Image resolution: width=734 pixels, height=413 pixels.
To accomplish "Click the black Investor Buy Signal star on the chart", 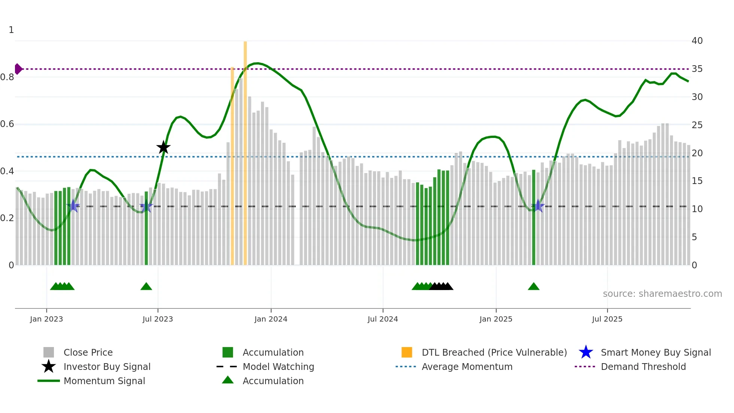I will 163,147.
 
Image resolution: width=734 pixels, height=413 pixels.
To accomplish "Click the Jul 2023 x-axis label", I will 158,319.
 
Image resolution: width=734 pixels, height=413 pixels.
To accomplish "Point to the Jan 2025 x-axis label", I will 496,319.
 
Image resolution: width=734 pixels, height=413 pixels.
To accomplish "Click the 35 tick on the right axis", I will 697,69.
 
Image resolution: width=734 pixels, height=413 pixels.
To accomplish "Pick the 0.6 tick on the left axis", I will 7,124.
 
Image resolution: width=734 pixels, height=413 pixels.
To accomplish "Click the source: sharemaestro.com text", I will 662,294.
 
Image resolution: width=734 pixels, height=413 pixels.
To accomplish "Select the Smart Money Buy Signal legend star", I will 586,352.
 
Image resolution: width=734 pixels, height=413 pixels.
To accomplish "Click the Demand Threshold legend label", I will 643,367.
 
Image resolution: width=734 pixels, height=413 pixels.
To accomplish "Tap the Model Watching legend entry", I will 278,367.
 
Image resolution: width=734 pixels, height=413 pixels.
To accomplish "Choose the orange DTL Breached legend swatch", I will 407,352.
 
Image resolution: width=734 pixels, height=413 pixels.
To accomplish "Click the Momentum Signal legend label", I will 104,381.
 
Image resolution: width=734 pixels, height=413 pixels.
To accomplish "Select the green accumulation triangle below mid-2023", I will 146,287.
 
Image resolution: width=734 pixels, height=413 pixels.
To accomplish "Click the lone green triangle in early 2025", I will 534,287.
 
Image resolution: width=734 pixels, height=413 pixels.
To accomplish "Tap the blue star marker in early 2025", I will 538,206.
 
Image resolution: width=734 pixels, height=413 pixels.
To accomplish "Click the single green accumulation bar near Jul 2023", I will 146,229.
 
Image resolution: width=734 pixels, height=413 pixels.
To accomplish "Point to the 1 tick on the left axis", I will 11,30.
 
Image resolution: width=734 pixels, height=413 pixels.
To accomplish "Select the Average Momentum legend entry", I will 467,367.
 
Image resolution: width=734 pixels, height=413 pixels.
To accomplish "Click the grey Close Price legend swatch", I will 49,352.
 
